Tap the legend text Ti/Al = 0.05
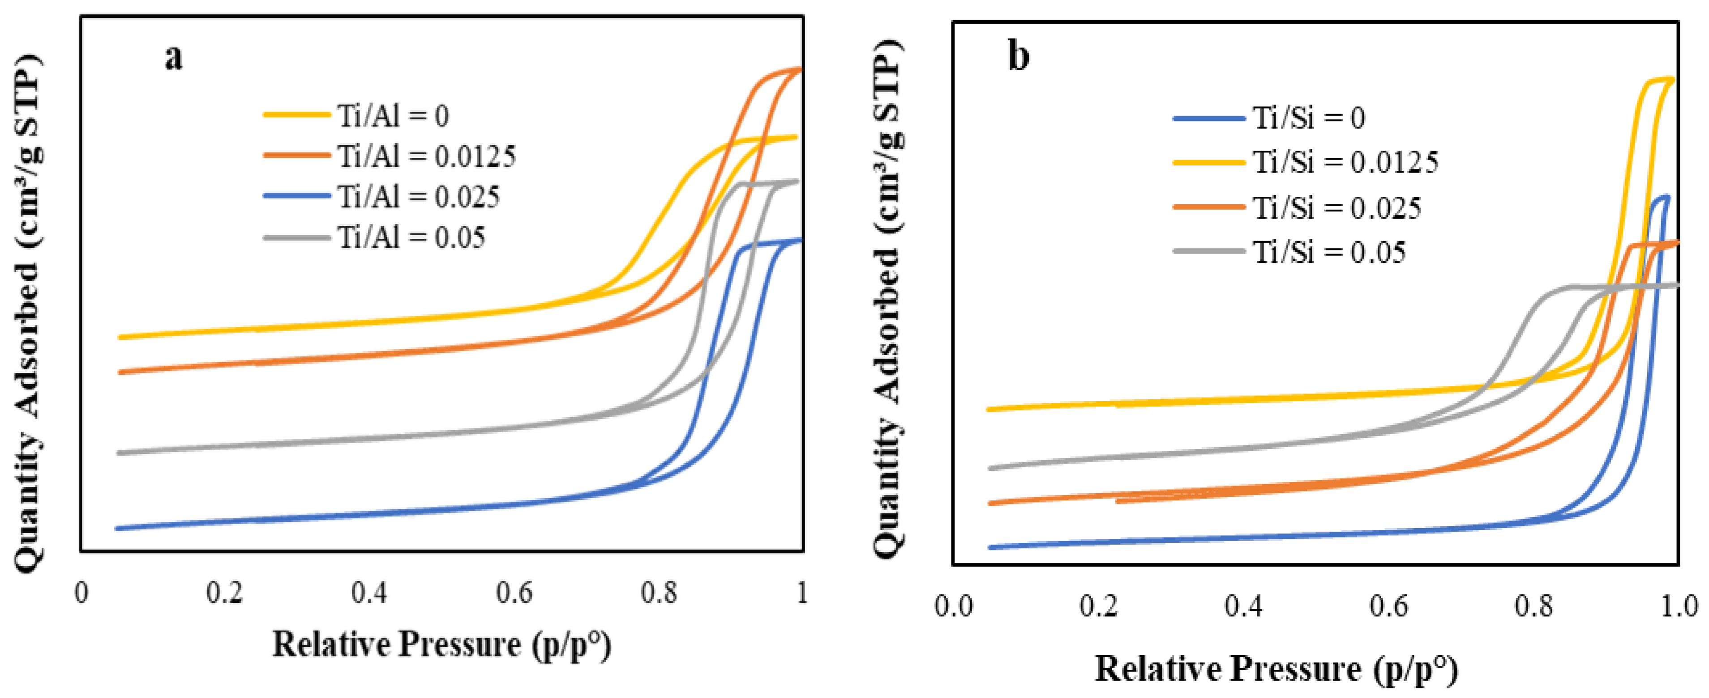[411, 237]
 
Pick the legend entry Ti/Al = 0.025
[419, 197]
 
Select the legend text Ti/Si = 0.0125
[1345, 162]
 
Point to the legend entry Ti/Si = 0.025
[1337, 208]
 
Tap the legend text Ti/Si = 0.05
[1329, 253]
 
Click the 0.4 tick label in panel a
[369, 592]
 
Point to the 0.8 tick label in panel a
[658, 592]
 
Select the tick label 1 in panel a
[802, 592]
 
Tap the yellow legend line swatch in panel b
[1209, 162]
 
